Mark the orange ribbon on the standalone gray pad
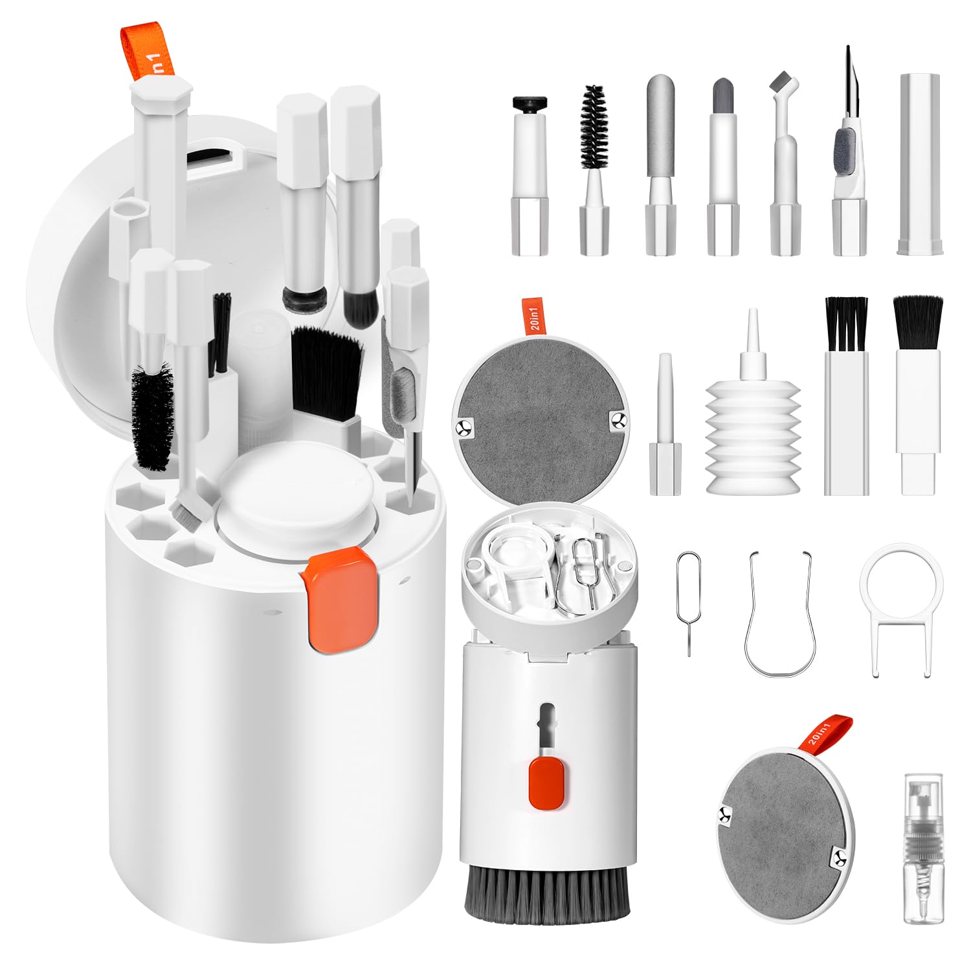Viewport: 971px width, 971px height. pyautogui.click(x=830, y=731)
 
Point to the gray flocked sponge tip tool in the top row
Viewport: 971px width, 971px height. pyautogui.click(x=660, y=129)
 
